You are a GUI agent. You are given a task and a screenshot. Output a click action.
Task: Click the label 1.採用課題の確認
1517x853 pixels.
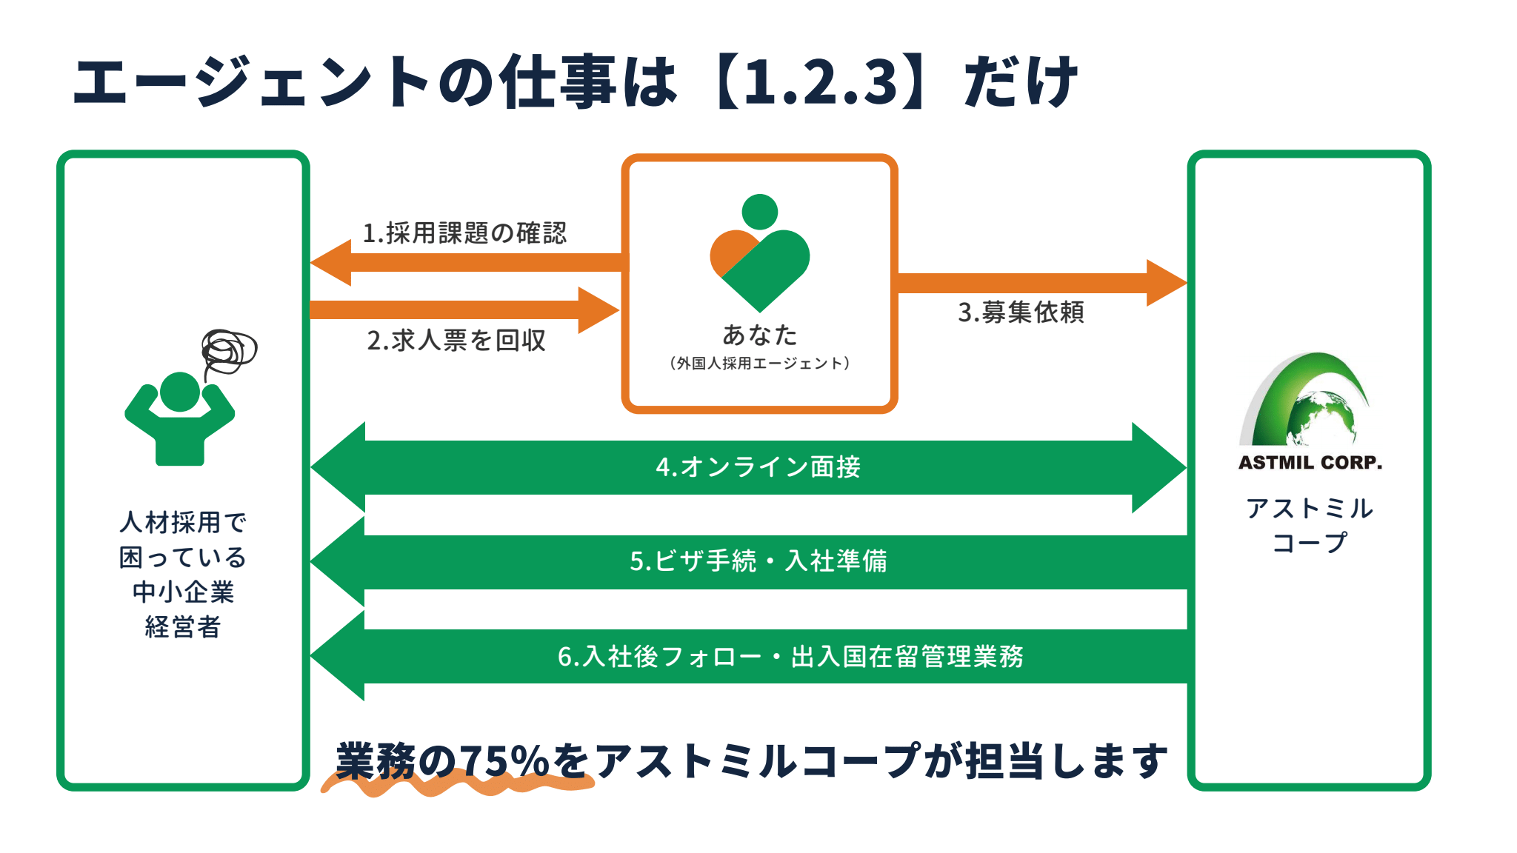point(464,233)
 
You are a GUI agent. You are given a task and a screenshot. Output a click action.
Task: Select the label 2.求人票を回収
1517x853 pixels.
point(456,341)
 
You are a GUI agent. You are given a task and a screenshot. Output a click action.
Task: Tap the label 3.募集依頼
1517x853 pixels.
point(1021,312)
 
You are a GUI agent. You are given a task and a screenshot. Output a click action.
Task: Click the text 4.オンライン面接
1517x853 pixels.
point(758,467)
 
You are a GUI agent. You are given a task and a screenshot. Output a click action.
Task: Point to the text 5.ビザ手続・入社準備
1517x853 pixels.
point(758,561)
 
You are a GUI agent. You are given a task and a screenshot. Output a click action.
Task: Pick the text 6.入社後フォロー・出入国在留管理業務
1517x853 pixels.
point(790,657)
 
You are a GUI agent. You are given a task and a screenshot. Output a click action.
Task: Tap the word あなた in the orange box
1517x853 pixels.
point(759,335)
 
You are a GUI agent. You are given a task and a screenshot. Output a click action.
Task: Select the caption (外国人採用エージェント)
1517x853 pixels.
point(759,364)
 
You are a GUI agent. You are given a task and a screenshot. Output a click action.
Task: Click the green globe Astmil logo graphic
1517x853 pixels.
point(1308,401)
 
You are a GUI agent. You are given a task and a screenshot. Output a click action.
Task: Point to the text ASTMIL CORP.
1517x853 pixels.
point(1310,463)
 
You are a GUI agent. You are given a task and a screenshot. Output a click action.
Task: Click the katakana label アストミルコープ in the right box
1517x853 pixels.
point(1309,525)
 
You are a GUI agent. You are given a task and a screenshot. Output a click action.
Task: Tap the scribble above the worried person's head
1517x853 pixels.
point(229,351)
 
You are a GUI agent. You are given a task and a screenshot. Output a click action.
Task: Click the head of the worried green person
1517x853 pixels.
point(180,391)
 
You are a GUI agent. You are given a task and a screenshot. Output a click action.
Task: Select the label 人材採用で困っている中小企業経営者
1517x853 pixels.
point(183,575)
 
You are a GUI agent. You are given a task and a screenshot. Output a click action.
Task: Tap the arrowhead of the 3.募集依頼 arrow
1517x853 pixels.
point(1166,283)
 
